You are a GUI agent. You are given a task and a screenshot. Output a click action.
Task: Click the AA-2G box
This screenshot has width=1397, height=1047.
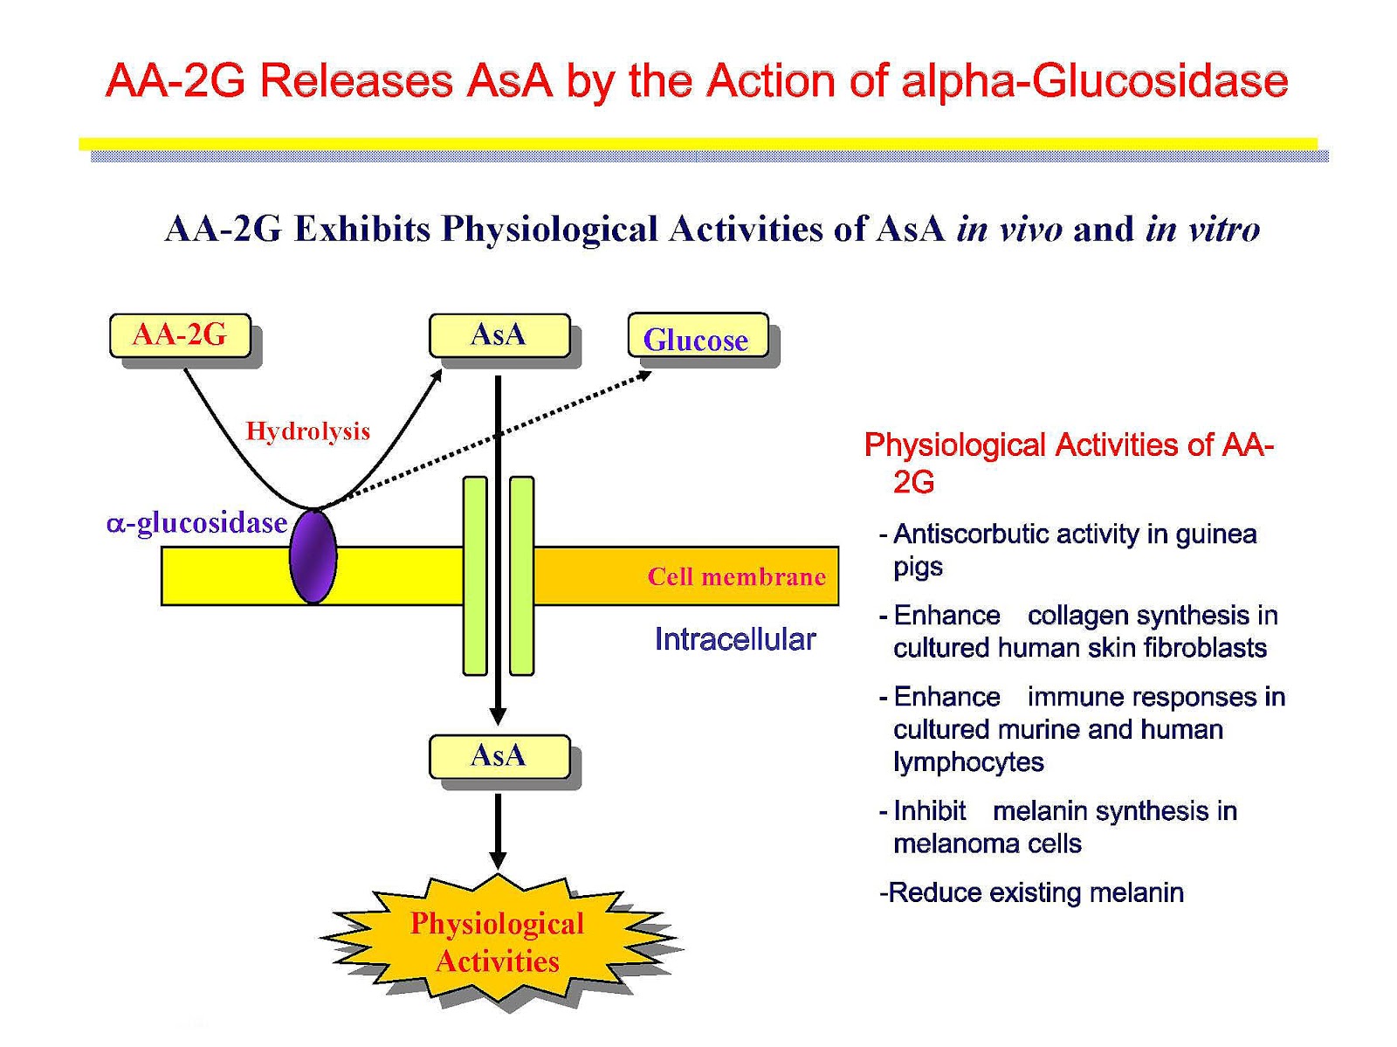click(180, 335)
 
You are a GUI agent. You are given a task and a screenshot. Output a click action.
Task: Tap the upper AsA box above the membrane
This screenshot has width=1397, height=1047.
click(499, 335)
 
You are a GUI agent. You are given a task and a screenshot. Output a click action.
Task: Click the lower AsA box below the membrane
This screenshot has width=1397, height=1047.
click(499, 756)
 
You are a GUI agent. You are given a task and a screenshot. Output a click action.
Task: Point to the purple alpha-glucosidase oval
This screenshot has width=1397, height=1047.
click(313, 556)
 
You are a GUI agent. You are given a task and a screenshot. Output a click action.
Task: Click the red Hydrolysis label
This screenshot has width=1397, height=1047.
click(307, 431)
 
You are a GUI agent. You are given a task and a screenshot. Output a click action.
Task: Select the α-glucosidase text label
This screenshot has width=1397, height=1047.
click(197, 523)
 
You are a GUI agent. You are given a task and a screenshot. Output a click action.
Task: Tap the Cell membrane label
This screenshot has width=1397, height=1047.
click(736, 577)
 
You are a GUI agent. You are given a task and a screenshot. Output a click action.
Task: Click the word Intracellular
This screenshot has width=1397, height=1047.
click(734, 639)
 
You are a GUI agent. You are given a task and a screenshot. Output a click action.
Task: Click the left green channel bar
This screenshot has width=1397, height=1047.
click(475, 576)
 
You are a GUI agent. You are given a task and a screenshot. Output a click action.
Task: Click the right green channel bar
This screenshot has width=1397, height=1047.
click(521, 576)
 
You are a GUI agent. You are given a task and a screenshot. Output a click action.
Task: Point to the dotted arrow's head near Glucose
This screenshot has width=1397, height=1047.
click(644, 375)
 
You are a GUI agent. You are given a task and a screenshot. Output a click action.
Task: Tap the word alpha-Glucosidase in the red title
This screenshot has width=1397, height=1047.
click(1094, 81)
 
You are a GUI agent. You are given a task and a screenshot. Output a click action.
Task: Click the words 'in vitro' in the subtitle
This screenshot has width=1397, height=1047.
click(1202, 230)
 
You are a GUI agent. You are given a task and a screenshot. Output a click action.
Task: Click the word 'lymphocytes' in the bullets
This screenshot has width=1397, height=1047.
click(968, 762)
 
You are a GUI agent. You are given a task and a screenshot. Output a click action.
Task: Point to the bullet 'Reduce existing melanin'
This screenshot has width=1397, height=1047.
click(1032, 893)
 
